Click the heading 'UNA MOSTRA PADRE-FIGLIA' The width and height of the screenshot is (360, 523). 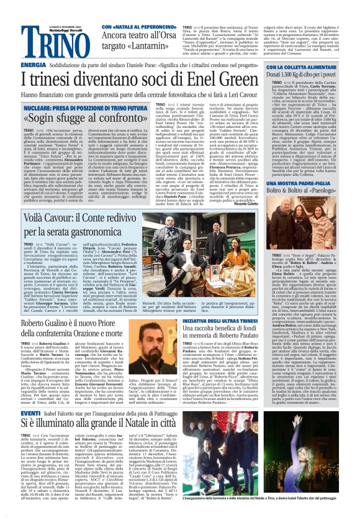pos(299,184)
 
